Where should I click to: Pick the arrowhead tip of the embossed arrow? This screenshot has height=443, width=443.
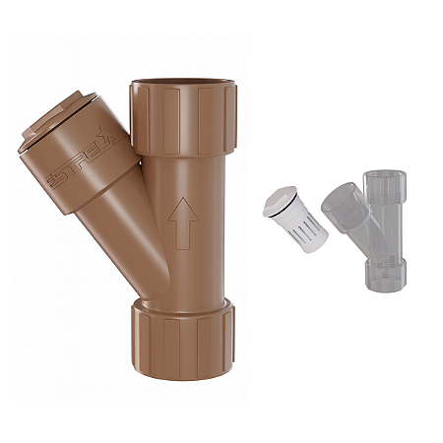pos(180,201)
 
